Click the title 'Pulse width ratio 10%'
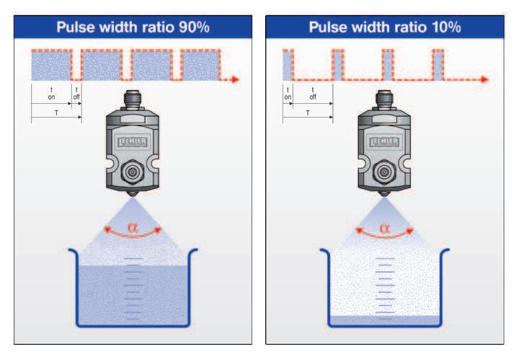pyautogui.click(x=385, y=27)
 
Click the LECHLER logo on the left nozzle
pyautogui.click(x=131, y=142)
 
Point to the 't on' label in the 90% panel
pyautogui.click(x=50, y=92)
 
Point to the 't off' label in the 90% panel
pyautogui.click(x=76, y=92)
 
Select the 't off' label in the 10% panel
pyautogui.click(x=312, y=92)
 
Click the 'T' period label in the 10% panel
pyautogui.click(x=308, y=113)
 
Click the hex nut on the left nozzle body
pyautogui.click(x=131, y=174)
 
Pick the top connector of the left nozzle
pyautogui.click(x=131, y=100)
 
